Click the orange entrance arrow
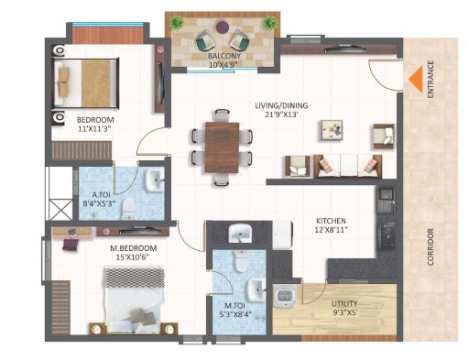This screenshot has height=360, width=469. [x=417, y=80]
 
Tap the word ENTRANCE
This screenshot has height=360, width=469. [x=431, y=80]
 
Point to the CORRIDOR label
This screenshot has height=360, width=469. [x=431, y=246]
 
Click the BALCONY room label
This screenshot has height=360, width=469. [x=224, y=56]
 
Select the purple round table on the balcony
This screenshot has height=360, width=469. [x=223, y=27]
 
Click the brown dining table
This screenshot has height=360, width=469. [x=222, y=147]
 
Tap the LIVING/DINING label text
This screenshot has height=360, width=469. [x=281, y=105]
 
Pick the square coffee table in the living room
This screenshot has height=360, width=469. [x=332, y=130]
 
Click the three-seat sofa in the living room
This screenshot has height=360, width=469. [x=348, y=166]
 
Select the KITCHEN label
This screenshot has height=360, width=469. [x=331, y=221]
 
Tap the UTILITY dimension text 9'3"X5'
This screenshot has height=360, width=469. [x=344, y=312]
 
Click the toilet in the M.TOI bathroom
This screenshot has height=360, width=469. [x=241, y=261]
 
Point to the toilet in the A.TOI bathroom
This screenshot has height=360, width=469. [x=128, y=209]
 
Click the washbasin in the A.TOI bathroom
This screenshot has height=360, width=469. [x=155, y=180]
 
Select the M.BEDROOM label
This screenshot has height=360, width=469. [x=134, y=248]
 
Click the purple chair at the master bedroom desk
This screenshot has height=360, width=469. [x=71, y=245]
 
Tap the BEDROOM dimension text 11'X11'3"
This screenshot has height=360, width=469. [x=94, y=128]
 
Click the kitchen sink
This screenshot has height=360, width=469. [x=387, y=200]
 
